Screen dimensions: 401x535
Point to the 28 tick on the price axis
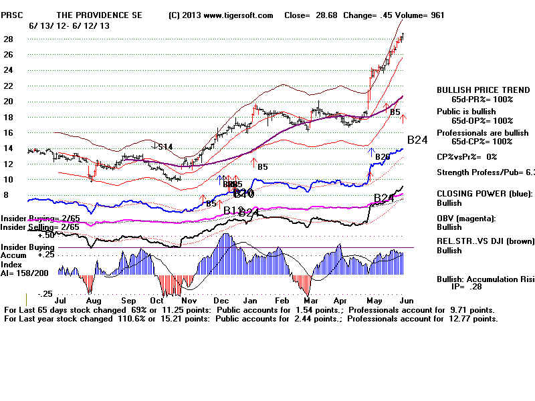[x=9, y=39]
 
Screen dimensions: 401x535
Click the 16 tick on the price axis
[x=9, y=133]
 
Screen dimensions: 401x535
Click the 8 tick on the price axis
[x=7, y=195]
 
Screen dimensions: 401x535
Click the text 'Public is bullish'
[x=465, y=112]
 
